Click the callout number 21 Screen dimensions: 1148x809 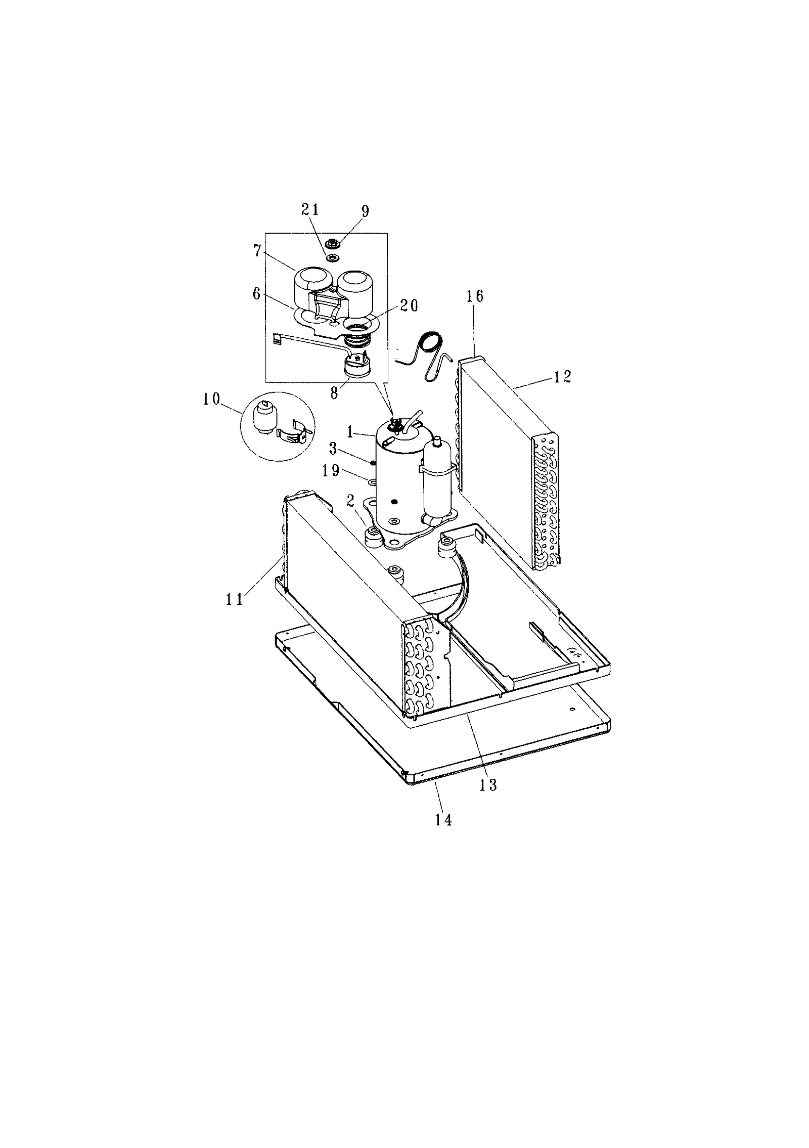click(310, 210)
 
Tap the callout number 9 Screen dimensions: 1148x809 click(365, 211)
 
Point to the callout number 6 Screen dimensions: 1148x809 click(257, 294)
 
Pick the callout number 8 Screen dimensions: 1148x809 click(334, 393)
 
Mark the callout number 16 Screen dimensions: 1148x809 click(475, 296)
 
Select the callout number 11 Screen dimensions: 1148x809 click(235, 599)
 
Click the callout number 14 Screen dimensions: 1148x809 click(443, 819)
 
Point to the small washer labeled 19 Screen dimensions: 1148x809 click(373, 481)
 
